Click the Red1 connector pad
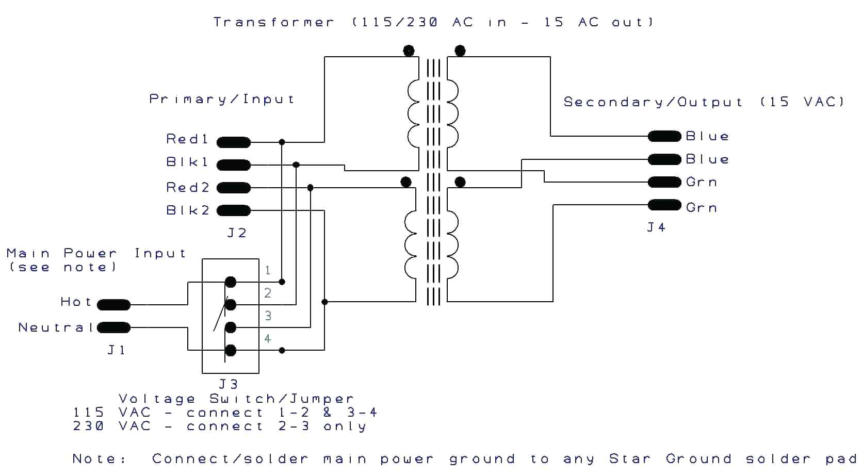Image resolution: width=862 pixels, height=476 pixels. [x=233, y=142]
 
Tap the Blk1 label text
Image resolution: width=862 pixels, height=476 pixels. [x=187, y=162]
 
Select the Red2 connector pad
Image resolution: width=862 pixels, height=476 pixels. [x=233, y=188]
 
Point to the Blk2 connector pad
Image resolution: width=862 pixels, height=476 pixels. [x=233, y=210]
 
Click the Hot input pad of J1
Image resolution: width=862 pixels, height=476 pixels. [x=113, y=305]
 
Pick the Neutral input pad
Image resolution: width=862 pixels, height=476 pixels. [x=113, y=327]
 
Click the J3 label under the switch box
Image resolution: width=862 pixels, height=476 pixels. [x=229, y=384]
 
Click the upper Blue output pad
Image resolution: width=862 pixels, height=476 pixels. [x=664, y=136]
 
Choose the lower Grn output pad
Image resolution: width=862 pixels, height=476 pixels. [x=664, y=205]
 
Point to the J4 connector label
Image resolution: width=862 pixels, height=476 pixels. [x=656, y=227]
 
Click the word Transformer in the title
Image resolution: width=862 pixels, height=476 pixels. [x=274, y=22]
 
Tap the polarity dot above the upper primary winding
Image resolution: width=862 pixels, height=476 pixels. [x=409, y=51]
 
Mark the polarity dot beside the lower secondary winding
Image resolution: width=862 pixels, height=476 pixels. [x=460, y=182]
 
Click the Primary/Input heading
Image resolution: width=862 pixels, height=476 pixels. [x=222, y=99]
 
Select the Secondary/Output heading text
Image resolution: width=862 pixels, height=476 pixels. [x=653, y=102]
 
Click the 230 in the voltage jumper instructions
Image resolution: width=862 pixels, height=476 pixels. [x=89, y=426]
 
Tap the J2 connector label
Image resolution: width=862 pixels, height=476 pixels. [x=237, y=233]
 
